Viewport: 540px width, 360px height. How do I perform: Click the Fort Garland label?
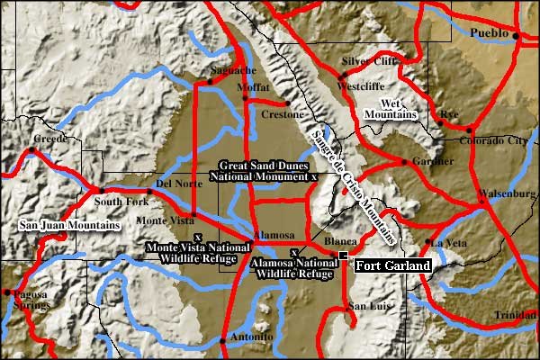(x=391, y=266)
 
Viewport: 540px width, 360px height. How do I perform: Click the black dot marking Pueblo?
(x=517, y=35)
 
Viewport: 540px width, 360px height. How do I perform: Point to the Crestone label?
(x=277, y=115)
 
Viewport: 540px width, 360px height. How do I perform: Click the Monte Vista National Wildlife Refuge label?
(x=197, y=251)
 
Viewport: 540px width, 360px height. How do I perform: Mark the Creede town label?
(x=51, y=139)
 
